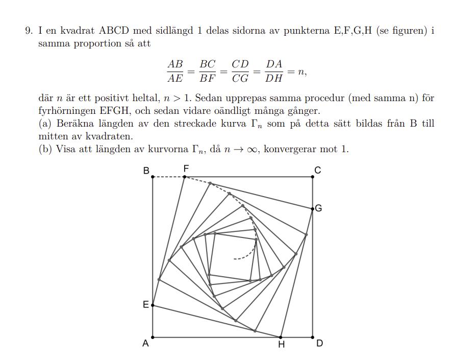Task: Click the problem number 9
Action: pos(29,31)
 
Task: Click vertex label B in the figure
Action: pos(146,171)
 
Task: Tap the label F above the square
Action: pos(186,168)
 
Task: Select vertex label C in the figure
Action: pos(318,170)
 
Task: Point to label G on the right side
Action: pos(319,208)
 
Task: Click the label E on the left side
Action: pos(145,305)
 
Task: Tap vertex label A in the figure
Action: pos(145,344)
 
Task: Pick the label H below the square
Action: pos(281,345)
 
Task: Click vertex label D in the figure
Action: pos(319,343)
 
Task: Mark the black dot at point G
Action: pos(313,208)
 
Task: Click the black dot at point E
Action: pos(153,305)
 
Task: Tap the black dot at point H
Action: pos(281,337)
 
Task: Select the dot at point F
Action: pos(185,177)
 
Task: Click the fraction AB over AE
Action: pos(175,71)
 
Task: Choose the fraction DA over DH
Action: pos(274,71)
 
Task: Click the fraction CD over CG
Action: pos(240,71)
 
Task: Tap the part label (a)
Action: pos(46,124)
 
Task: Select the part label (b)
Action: pos(46,150)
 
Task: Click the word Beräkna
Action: pos(75,124)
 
